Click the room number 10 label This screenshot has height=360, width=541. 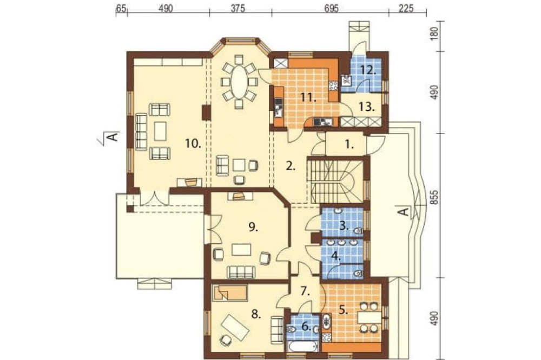pyautogui.click(x=193, y=143)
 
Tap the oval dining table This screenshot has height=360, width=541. pyautogui.click(x=239, y=82)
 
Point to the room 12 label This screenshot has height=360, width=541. pyautogui.click(x=368, y=70)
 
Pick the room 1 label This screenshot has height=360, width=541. pyautogui.click(x=350, y=145)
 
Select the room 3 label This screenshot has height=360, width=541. pyautogui.click(x=343, y=226)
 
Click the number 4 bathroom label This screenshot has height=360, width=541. pyautogui.click(x=336, y=256)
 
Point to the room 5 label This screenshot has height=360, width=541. pyautogui.click(x=343, y=310)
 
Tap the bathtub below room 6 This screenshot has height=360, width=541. pyautogui.click(x=302, y=346)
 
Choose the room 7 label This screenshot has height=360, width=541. pyautogui.click(x=305, y=291)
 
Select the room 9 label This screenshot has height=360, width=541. pyautogui.click(x=253, y=227)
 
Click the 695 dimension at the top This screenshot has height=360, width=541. pyautogui.click(x=331, y=8)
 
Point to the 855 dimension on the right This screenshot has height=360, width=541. pyautogui.click(x=435, y=197)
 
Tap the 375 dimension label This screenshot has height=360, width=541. pyautogui.click(x=237, y=8)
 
